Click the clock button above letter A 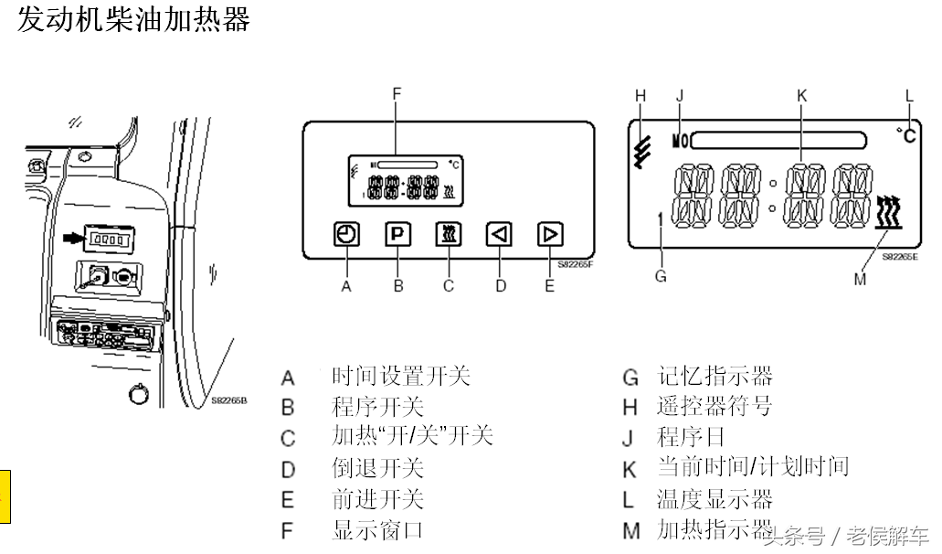click(x=346, y=235)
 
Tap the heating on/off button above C click(x=448, y=235)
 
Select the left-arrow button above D click(x=498, y=235)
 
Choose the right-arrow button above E click(x=549, y=235)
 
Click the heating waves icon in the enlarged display click(x=888, y=212)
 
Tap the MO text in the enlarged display click(x=681, y=141)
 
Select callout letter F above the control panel click(x=397, y=94)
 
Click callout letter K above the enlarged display click(x=801, y=95)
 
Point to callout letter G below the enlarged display click(x=661, y=274)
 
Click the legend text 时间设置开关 click(x=401, y=376)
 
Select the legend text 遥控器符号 click(x=714, y=406)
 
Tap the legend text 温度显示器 click(x=714, y=499)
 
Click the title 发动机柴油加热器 click(x=133, y=19)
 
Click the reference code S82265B click(x=229, y=400)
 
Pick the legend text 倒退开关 click(x=377, y=468)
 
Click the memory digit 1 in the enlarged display click(x=659, y=219)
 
